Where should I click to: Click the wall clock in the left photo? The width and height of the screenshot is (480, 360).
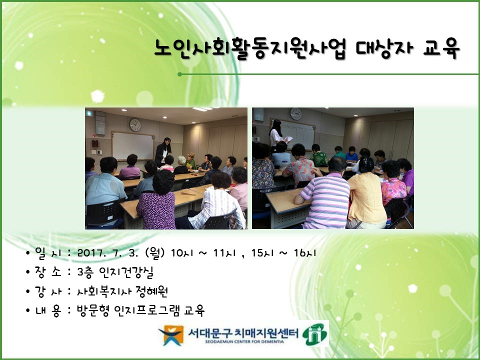[x=135, y=124]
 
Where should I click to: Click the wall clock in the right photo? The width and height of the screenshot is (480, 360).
[x=296, y=114]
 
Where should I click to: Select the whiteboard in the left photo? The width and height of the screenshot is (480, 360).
[x=132, y=146]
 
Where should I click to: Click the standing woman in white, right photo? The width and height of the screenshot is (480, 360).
[x=276, y=133]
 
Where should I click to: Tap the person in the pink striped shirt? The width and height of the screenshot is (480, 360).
[x=324, y=197]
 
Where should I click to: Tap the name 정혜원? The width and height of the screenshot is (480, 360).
[x=161, y=291]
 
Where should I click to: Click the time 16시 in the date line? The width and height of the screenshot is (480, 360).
[x=305, y=253]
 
